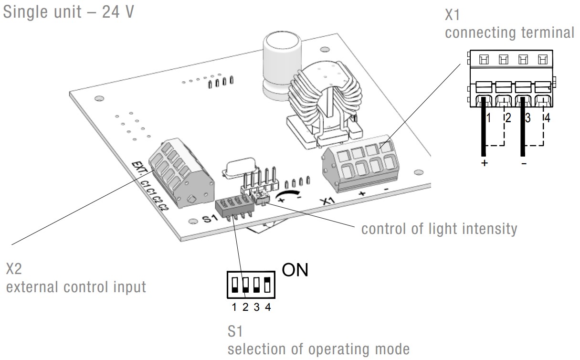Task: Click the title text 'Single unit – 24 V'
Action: point(68,12)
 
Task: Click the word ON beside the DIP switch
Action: point(295,270)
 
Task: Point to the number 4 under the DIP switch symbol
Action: point(268,307)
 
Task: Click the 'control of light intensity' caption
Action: point(439,229)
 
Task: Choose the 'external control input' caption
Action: point(75,287)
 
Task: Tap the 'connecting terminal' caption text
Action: point(510,33)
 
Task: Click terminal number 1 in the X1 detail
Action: point(488,117)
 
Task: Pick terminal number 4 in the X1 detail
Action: point(547,117)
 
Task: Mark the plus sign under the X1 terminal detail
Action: point(485,163)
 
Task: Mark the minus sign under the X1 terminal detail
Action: point(524,163)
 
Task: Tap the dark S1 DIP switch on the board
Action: point(231,206)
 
